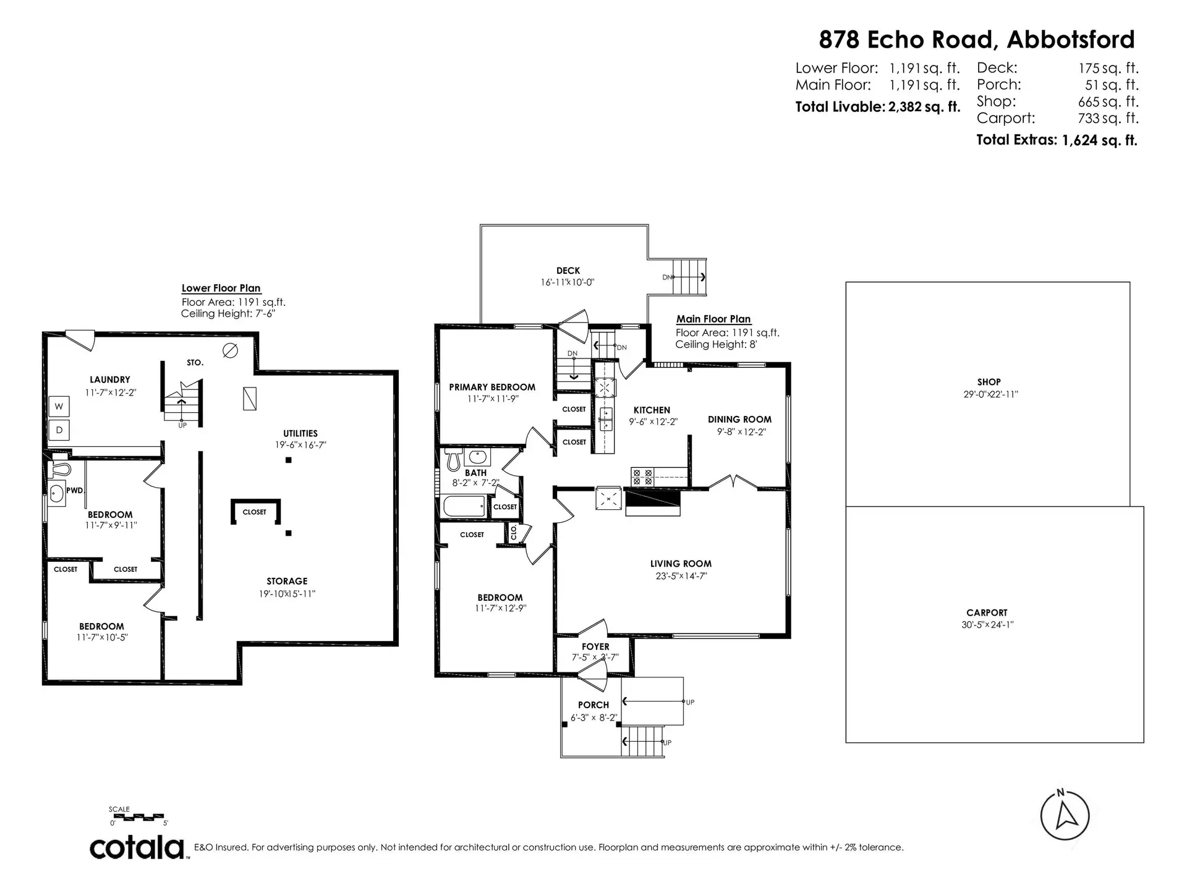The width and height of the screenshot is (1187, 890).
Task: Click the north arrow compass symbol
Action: point(1065,815)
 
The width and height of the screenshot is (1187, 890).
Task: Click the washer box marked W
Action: point(59,407)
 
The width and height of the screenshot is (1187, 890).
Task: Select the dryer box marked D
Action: point(59,430)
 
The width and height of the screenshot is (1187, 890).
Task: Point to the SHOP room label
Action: point(989,382)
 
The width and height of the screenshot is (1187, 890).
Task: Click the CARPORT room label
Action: point(987,612)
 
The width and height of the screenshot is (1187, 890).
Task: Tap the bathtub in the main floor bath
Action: point(464,506)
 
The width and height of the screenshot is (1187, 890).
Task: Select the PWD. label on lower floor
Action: point(75,490)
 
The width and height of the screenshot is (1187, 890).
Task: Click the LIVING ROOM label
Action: point(681,564)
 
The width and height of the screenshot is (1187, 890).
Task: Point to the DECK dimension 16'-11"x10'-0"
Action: point(568,282)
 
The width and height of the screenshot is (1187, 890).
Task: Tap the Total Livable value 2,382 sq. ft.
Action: point(924,107)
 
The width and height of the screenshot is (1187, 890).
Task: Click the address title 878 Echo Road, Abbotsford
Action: point(977,40)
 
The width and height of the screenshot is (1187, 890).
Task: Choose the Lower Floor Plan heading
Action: point(221,288)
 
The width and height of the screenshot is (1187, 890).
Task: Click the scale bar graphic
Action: point(137,816)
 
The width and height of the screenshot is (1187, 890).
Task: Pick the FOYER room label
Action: point(595,646)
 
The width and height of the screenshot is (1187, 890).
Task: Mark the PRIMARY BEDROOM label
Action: point(492,388)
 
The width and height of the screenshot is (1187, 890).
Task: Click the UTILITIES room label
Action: point(300,433)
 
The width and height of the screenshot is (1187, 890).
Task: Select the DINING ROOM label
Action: point(739,420)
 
